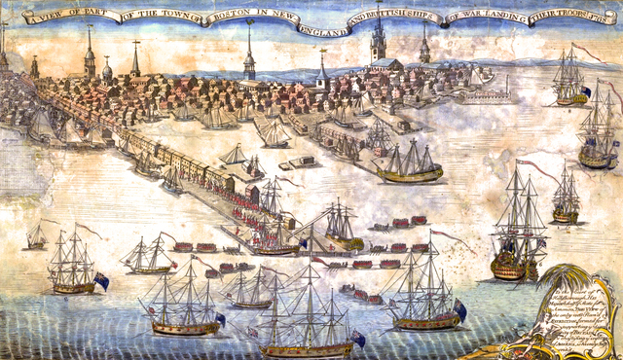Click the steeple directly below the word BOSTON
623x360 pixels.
pos(249,54)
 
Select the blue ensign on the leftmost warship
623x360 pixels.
pos(100,281)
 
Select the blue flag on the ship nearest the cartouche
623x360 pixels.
pos(459,308)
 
